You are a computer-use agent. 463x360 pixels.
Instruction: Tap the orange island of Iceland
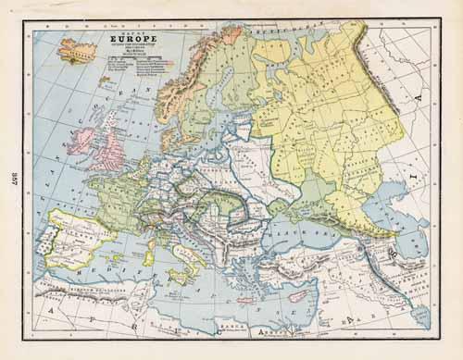pos(77,48)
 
